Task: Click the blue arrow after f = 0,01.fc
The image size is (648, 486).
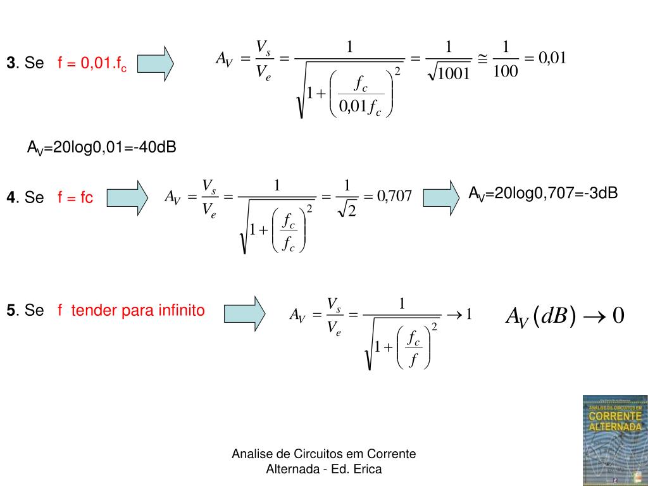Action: tap(155, 63)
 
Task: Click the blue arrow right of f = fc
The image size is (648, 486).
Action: tap(127, 197)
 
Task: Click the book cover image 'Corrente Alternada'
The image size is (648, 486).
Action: tap(614, 440)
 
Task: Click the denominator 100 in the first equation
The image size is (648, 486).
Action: tap(505, 72)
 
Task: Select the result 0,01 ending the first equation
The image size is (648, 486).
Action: tap(552, 58)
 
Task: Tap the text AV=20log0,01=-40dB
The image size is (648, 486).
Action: tap(101, 147)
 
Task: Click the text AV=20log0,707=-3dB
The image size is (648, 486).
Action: tap(543, 193)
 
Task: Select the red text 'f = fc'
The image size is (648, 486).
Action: tap(75, 198)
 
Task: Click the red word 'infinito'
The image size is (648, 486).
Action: tap(182, 311)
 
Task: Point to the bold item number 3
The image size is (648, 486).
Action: tap(11, 63)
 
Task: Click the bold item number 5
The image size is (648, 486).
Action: tap(11, 311)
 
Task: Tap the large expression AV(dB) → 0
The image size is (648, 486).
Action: tap(564, 316)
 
